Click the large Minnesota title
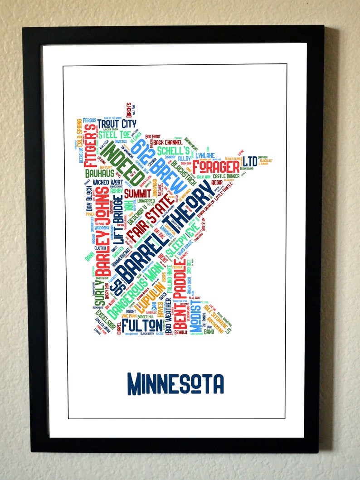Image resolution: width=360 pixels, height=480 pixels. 176,383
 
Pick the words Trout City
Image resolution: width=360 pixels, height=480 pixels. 117,124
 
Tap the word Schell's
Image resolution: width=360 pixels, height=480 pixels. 173,151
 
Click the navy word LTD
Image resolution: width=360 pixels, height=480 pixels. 250,161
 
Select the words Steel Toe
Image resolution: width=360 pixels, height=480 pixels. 115,134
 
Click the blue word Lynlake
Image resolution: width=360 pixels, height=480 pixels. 204,155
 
